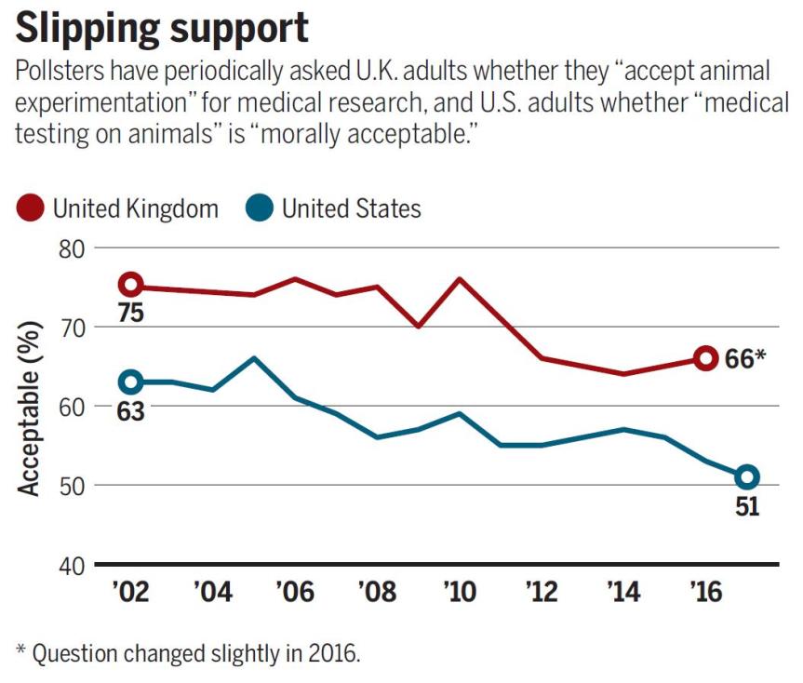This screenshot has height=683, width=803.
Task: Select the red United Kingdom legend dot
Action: coord(32,208)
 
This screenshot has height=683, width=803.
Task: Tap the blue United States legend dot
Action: coord(261,208)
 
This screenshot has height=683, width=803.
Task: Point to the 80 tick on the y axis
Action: coord(70,248)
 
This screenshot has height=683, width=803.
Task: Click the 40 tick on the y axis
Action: coord(70,564)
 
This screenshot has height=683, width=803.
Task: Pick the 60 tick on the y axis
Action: coord(70,407)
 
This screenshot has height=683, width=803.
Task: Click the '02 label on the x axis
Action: coord(131,593)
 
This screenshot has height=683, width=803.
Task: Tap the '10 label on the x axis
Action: coord(459,593)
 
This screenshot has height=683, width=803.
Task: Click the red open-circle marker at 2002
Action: coord(131,285)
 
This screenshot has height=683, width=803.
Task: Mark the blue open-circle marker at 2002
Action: coord(131,382)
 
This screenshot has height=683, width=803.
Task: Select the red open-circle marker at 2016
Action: coord(705,357)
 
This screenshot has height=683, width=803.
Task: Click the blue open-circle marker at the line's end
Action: coord(746,476)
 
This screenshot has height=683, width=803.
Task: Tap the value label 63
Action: coord(130,410)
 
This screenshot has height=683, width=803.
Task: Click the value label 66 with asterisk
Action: coord(743,358)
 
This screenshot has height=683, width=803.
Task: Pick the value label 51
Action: coord(747,508)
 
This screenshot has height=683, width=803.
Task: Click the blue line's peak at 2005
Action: coord(254,357)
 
